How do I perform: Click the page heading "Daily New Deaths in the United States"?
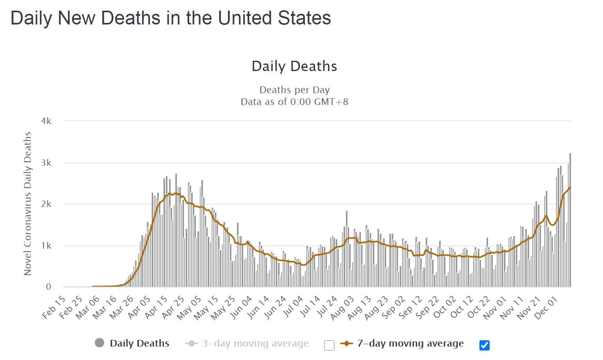tap(171, 18)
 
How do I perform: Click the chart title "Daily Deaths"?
tap(294, 66)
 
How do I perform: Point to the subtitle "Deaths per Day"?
tap(294, 90)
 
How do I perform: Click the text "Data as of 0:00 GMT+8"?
tap(294, 102)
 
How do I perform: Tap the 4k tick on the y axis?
tap(46, 121)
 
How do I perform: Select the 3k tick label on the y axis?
tap(46, 163)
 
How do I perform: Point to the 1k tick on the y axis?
tap(46, 246)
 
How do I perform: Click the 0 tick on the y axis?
tap(49, 287)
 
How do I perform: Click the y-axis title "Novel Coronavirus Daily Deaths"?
tap(27, 204)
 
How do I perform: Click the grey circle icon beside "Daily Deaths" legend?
tap(100, 343)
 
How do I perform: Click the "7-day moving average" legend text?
tap(410, 343)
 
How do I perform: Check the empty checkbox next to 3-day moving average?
tap(329, 345)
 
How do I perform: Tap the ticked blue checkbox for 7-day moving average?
tap(485, 345)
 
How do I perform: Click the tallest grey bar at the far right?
tap(570, 221)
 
